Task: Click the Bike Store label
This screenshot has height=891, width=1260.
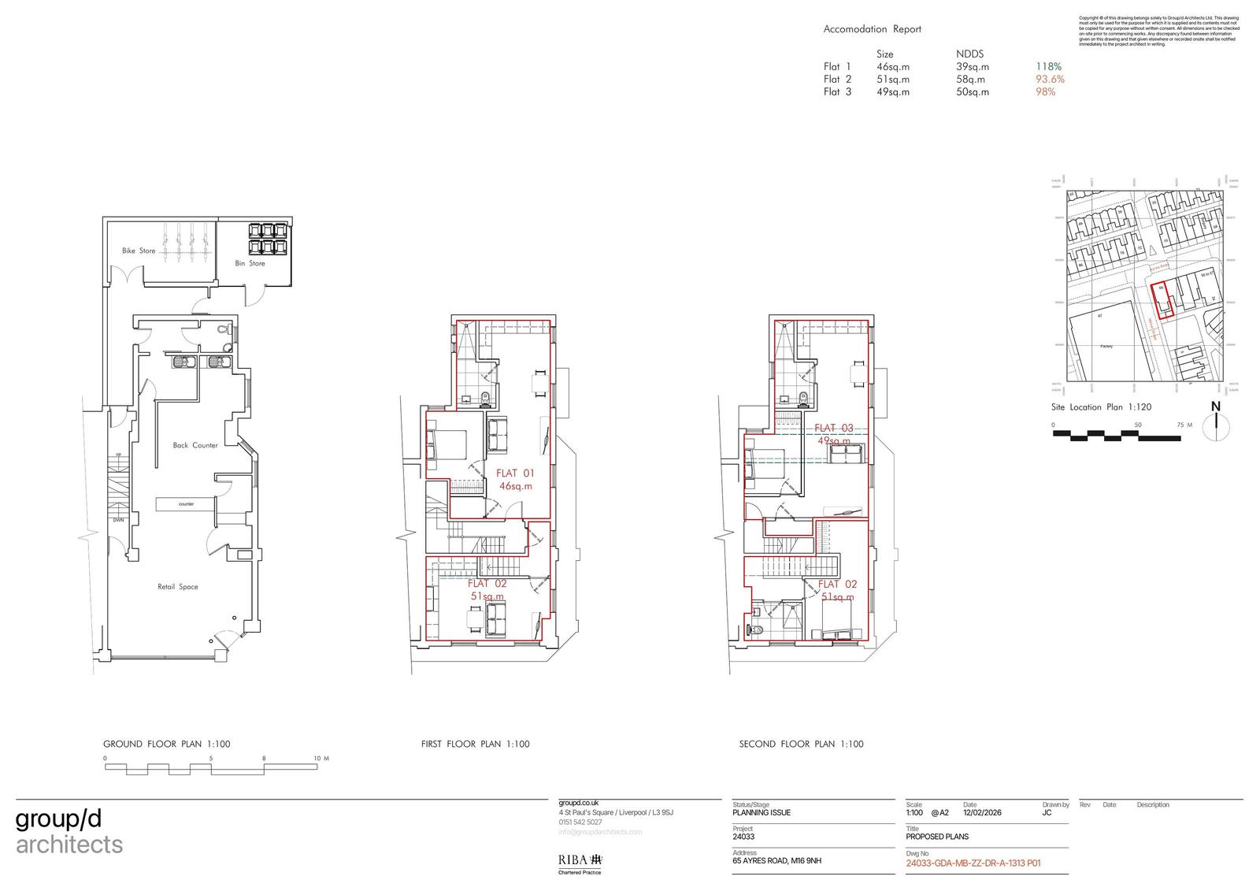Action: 139,251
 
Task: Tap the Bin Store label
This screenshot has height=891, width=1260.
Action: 250,263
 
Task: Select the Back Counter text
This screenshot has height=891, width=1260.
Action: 195,445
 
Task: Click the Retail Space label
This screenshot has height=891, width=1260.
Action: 178,587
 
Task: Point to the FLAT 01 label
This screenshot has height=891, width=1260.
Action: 515,473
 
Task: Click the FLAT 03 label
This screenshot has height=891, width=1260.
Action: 834,429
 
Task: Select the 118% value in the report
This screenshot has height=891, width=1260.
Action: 1048,67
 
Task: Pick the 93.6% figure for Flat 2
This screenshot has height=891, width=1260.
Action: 1050,80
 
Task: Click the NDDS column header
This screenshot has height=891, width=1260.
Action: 969,54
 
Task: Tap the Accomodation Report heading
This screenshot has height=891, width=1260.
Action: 872,29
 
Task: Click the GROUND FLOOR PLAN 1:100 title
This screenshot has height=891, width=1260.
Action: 167,744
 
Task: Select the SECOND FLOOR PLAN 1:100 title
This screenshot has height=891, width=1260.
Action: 801,744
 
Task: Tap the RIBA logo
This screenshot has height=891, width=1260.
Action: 580,859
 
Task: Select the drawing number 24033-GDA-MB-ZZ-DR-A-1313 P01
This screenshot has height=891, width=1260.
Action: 973,863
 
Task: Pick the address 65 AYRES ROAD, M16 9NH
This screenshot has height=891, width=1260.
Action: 776,860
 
